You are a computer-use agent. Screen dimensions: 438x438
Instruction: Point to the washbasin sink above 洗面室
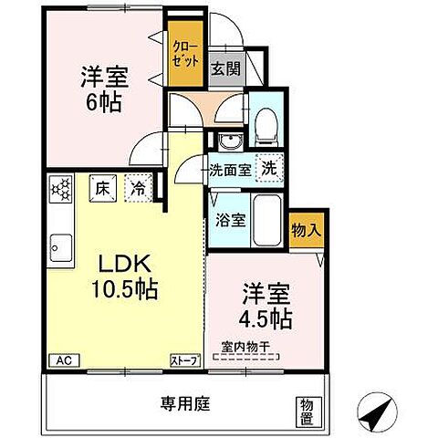(227, 141)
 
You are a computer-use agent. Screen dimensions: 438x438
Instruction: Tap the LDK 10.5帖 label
(122, 278)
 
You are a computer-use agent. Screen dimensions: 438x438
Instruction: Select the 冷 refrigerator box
(137, 188)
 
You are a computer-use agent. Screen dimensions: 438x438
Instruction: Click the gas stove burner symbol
(62, 190)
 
